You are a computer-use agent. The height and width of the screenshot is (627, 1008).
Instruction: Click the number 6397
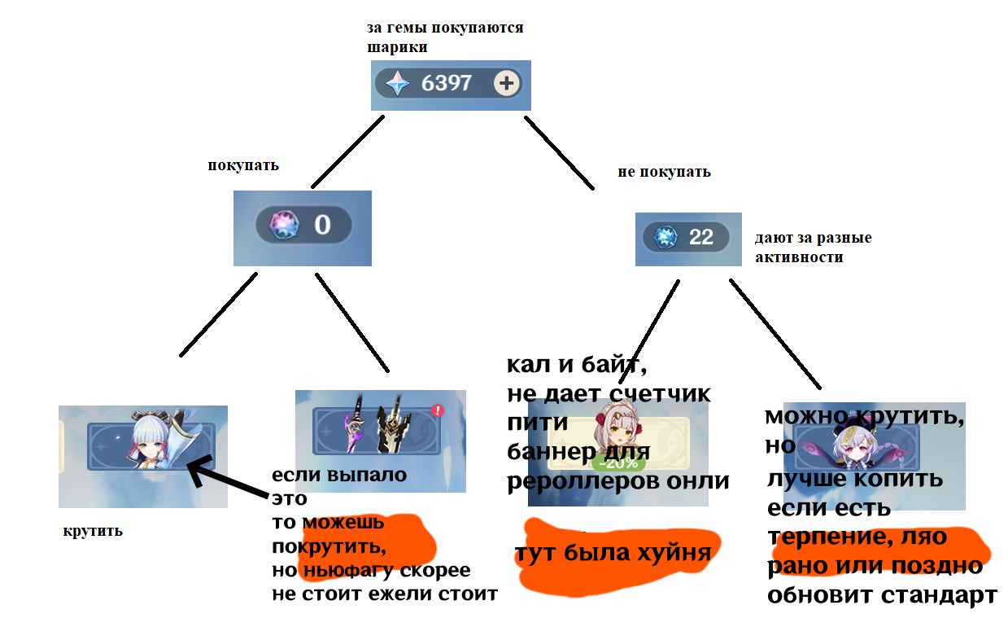pos(447,83)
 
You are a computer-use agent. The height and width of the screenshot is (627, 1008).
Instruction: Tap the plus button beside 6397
pos(507,83)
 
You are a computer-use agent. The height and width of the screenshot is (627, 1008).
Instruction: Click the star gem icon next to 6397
pos(397,83)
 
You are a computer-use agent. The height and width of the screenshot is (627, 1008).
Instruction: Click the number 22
pos(701,237)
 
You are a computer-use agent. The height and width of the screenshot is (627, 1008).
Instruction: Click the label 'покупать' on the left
pos(243,165)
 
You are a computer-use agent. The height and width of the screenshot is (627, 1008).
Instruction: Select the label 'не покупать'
pos(664,172)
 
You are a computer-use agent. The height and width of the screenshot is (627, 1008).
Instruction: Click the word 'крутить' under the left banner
pos(93,532)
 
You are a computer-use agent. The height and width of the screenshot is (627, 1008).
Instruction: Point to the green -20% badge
pos(617,463)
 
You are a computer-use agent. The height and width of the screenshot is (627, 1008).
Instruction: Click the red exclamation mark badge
pos(438,410)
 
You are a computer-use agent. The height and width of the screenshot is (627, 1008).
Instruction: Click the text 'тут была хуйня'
pos(612,554)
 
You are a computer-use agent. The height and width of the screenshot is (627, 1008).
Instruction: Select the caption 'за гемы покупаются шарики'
pos(444,37)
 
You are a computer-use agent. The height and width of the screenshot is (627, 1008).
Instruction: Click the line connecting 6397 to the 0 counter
pos(347,151)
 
